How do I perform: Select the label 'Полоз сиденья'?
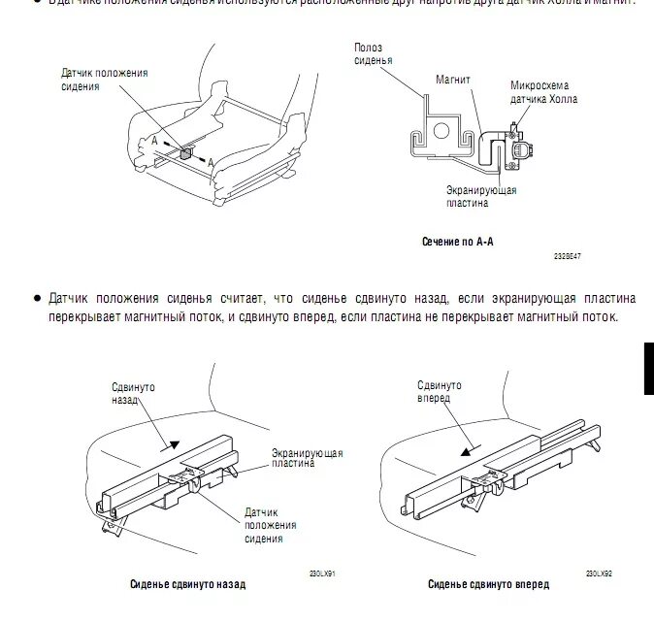point(373,52)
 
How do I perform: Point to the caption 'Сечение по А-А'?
point(456,241)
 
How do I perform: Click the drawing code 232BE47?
point(568,257)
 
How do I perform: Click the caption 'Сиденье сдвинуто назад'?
point(188,584)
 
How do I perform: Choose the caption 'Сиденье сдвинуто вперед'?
point(488,584)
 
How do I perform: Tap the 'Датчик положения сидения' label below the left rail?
point(270,525)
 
